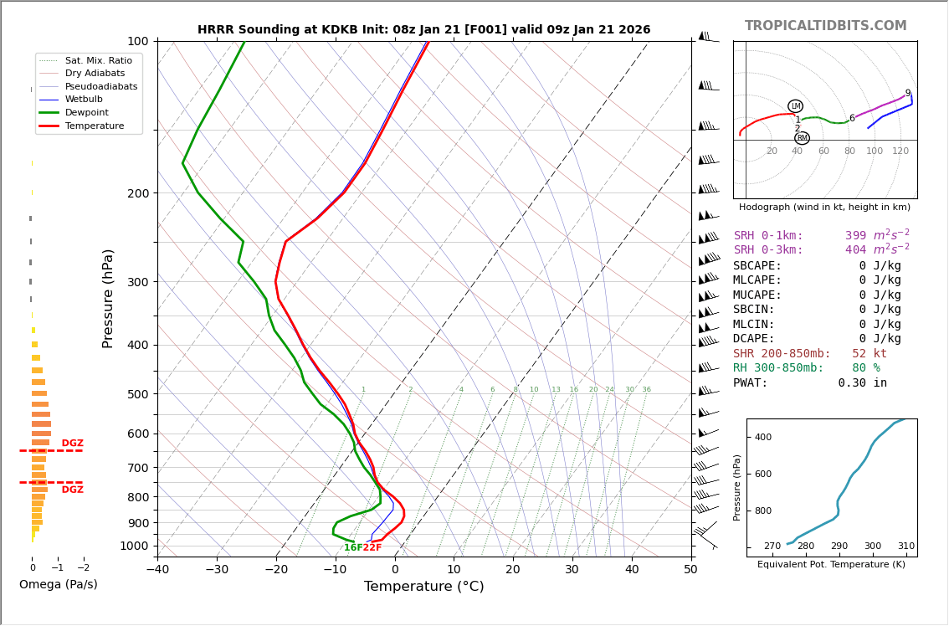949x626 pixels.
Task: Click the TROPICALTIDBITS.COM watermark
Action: pos(825,26)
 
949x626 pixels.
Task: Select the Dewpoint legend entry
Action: pos(92,112)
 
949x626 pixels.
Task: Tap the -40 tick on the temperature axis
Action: pos(157,570)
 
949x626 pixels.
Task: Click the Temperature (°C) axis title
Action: pos(423,587)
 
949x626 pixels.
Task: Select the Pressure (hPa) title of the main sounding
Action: pos(108,298)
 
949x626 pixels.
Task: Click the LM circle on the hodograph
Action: pos(795,106)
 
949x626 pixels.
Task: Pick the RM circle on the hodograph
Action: pos(802,138)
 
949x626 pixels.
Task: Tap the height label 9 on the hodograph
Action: pos(907,94)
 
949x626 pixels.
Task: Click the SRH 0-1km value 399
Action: pos(855,236)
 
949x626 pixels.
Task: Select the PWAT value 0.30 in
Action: pos(862,383)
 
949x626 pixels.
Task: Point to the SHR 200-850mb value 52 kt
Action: pos(869,354)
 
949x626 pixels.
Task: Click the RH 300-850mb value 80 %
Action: pos(865,368)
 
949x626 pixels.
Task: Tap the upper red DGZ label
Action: pos(73,444)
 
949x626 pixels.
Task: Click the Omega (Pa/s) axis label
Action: pos(58,584)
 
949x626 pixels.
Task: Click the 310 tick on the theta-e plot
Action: pos(905,546)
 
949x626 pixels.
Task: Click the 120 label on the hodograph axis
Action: pos(900,151)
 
